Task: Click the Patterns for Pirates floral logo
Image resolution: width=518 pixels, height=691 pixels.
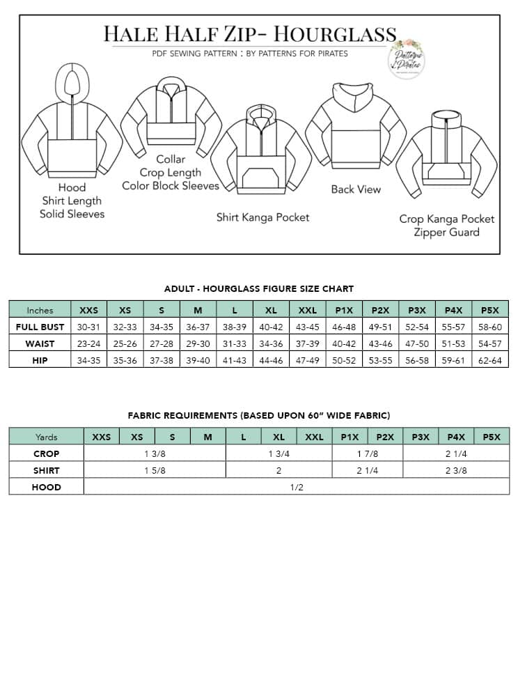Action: [408, 58]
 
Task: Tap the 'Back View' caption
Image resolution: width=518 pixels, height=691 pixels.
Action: [356, 189]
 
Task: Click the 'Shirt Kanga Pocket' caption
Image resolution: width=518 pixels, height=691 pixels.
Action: [262, 217]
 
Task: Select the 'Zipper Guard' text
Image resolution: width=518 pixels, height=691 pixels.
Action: [446, 232]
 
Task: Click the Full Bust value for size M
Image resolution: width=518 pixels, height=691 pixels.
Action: [198, 327]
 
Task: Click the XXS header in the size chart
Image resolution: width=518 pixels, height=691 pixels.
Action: [89, 310]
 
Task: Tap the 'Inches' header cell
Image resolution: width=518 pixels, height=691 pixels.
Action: [40, 310]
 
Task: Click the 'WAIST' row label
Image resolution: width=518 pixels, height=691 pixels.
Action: [40, 343]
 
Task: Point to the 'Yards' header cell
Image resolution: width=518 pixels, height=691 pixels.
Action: [46, 437]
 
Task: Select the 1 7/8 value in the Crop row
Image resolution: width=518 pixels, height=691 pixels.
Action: [367, 453]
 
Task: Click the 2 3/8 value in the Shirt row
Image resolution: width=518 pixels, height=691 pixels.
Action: [456, 470]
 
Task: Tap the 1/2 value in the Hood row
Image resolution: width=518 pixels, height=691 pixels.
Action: [297, 487]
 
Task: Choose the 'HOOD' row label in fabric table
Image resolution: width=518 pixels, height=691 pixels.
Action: [46, 487]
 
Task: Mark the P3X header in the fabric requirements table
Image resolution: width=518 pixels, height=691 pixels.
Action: [421, 437]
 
